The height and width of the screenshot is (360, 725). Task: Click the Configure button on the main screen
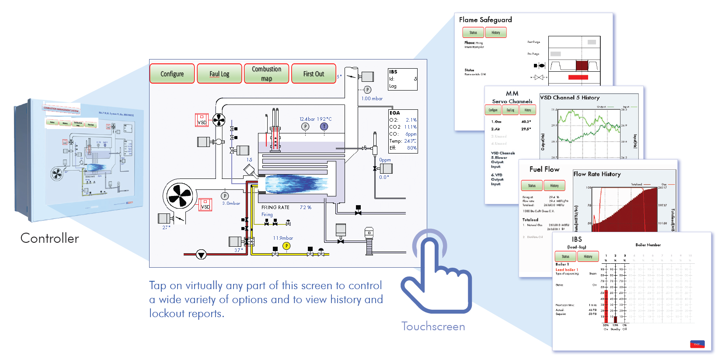[172, 74]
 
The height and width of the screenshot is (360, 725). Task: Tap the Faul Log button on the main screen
[219, 74]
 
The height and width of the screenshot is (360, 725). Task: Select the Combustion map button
[266, 74]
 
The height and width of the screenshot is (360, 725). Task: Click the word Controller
[50, 238]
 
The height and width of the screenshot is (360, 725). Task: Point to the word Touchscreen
[433, 327]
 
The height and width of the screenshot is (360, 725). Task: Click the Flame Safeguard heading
[485, 20]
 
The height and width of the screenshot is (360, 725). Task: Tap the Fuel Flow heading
[544, 169]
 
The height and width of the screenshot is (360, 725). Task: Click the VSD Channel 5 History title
[570, 98]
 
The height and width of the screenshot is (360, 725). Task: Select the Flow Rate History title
[597, 174]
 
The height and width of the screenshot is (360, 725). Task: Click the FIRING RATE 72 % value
[305, 207]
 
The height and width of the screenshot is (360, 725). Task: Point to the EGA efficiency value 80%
[411, 148]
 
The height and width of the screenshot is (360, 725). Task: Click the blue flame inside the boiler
[295, 184]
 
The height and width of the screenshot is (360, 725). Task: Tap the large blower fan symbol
[180, 196]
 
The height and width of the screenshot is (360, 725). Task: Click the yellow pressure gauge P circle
[286, 246]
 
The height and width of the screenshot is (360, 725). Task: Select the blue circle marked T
[324, 126]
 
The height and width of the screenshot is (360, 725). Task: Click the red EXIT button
[697, 344]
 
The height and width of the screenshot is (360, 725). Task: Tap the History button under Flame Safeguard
[495, 32]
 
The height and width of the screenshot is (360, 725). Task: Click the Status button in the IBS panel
[565, 256]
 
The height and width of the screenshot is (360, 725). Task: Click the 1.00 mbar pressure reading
[372, 99]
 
